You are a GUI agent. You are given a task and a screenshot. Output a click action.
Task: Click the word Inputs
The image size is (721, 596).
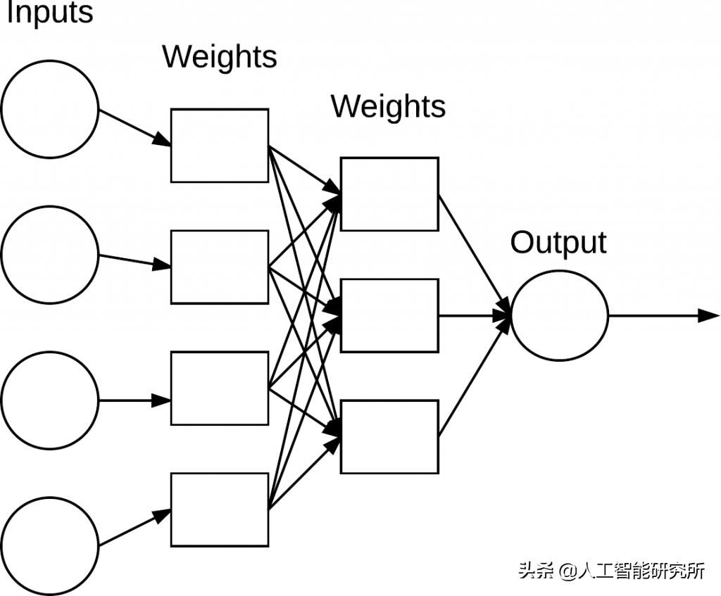point(49,14)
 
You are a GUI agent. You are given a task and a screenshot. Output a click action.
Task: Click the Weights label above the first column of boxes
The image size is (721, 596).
point(220,56)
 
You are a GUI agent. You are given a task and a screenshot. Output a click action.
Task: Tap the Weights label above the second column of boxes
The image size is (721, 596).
point(388,106)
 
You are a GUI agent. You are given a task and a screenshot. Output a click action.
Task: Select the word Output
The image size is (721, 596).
point(558,243)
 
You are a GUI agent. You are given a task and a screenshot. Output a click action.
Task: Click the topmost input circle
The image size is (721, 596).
point(50,109)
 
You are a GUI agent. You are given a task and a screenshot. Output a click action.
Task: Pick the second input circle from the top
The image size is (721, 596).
point(50,255)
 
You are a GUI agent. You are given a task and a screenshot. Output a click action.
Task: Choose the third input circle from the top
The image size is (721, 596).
point(50,400)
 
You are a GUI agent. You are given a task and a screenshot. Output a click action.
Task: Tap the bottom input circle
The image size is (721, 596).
point(50,546)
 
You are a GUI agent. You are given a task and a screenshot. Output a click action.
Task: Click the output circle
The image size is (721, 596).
point(559,315)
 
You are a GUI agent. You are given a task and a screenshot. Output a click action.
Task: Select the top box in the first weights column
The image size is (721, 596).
point(220,146)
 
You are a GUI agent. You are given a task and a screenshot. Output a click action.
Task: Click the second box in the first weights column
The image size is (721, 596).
point(220,267)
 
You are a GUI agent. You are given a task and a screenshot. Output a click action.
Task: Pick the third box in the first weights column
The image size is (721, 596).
point(220,388)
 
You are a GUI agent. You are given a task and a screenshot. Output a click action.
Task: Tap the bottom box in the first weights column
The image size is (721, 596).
point(220,509)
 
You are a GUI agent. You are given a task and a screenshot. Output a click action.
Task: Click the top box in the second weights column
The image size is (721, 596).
point(389,194)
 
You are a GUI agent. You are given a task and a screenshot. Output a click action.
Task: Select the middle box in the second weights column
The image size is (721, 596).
point(389,315)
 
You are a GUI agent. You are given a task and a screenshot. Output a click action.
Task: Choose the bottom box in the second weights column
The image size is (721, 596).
point(389,436)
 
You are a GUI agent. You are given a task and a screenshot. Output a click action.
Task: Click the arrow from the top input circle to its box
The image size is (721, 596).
point(134,127)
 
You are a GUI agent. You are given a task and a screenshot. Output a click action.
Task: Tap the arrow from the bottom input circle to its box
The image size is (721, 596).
point(134,528)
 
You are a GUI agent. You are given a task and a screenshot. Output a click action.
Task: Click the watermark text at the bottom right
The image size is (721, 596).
point(611,570)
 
